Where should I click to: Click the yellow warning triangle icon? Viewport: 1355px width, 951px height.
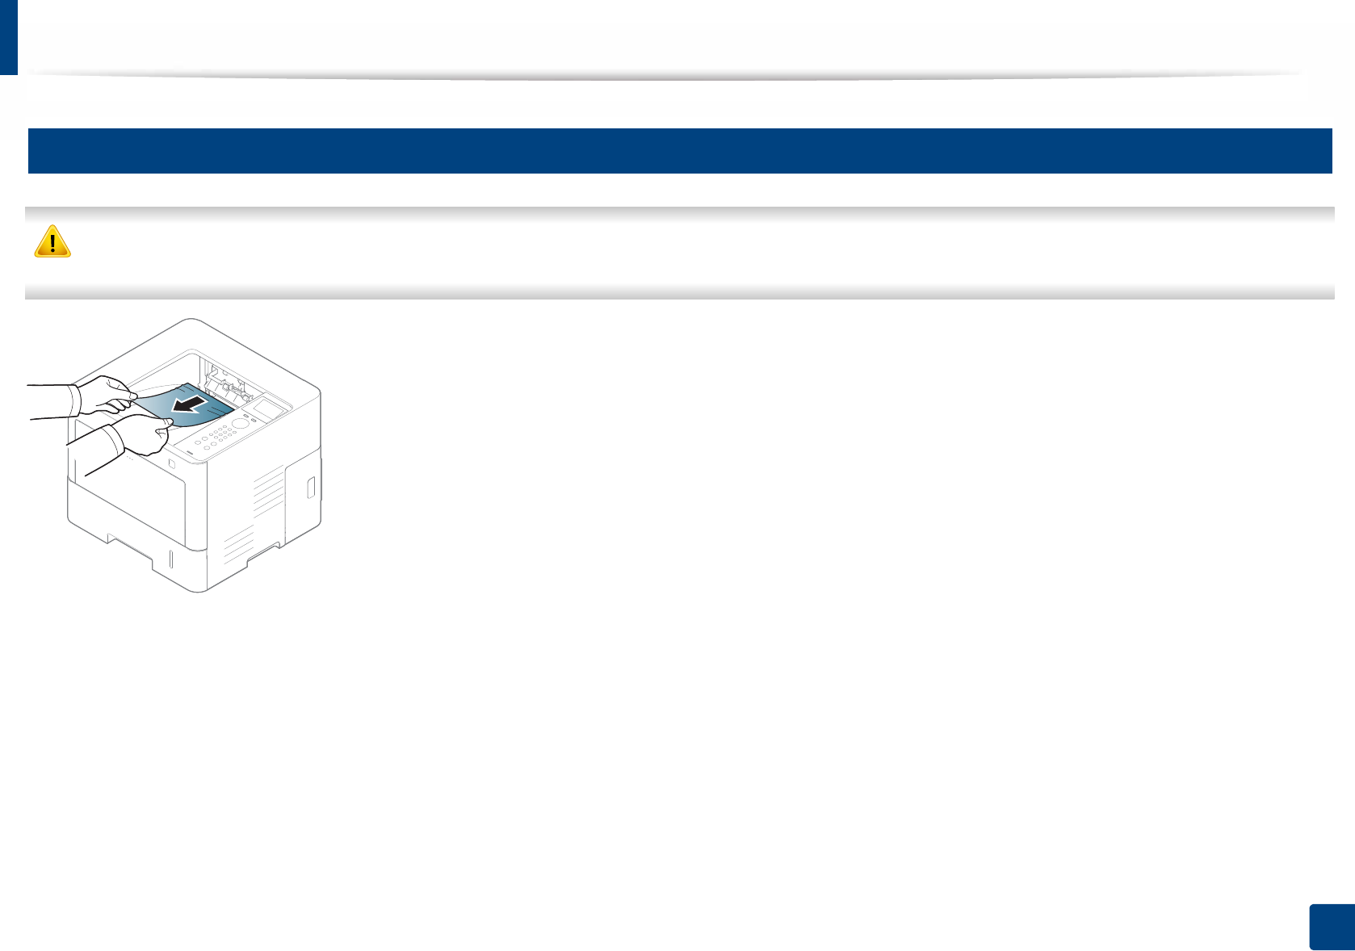(52, 241)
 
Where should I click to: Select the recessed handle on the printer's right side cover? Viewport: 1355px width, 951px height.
(310, 488)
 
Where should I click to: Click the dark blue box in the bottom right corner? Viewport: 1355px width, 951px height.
(1330, 928)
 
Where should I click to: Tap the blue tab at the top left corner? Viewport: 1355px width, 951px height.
(8, 36)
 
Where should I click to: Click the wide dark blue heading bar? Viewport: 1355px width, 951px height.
(679, 151)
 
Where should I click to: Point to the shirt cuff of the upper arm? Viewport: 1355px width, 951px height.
(74, 400)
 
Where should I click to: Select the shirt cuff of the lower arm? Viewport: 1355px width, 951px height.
(115, 440)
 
